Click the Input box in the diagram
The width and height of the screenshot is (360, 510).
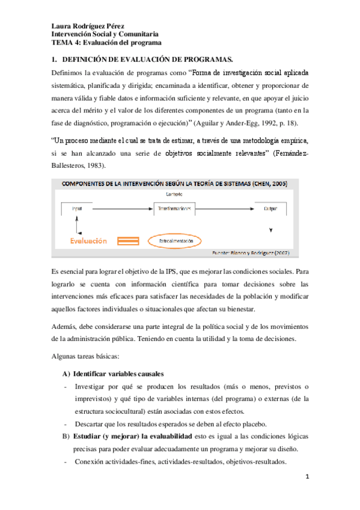point(76,207)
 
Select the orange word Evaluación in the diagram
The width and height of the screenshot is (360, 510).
point(87,241)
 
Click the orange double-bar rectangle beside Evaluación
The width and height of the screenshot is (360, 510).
point(127,241)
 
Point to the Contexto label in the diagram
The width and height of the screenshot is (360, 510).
point(174,194)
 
